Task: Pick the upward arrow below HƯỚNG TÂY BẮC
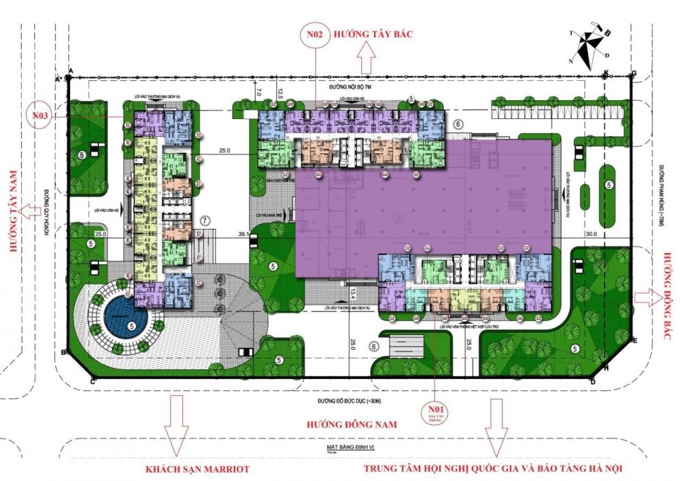point(367,61)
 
